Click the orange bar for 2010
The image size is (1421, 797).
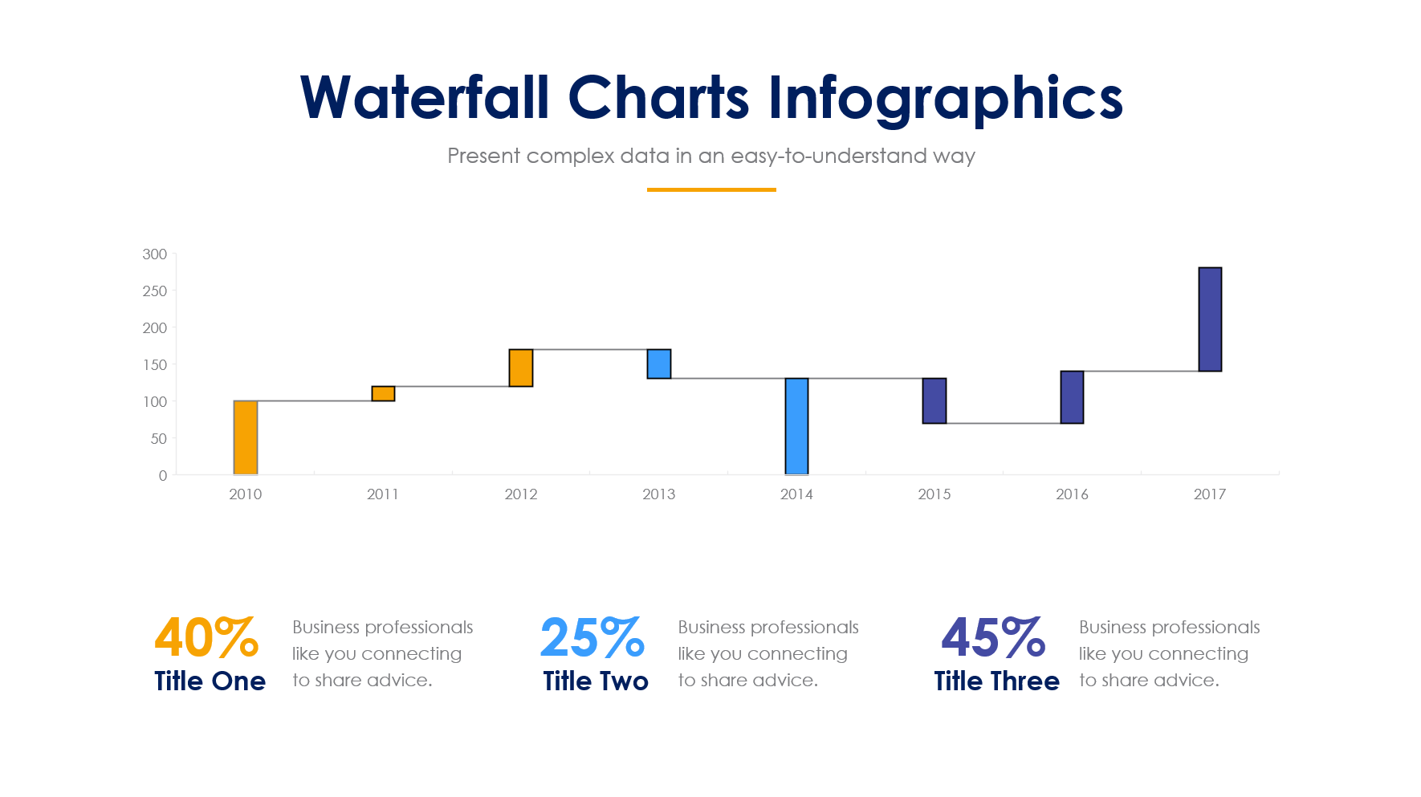[246, 437]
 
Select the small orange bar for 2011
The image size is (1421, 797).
[383, 393]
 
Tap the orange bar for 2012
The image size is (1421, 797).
[521, 368]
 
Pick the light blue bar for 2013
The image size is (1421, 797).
[659, 364]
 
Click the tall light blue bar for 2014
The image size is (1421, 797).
[796, 426]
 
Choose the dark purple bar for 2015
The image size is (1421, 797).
[934, 401]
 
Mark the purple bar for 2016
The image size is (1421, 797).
[1072, 397]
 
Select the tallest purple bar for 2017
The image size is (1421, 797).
[1210, 319]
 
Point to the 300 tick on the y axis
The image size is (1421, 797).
[155, 254]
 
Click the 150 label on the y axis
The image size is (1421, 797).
[155, 365]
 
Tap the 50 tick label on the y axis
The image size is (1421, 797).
[159, 439]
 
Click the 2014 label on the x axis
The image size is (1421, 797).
[796, 494]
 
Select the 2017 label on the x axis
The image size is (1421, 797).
[1210, 494]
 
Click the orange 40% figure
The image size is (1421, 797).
[206, 638]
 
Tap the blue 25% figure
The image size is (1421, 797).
[592, 638]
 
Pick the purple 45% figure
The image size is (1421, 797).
[993, 638]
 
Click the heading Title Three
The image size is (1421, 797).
[996, 681]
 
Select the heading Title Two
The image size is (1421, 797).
[596, 681]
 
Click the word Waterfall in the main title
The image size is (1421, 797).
[424, 98]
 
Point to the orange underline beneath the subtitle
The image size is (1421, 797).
[711, 189]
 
